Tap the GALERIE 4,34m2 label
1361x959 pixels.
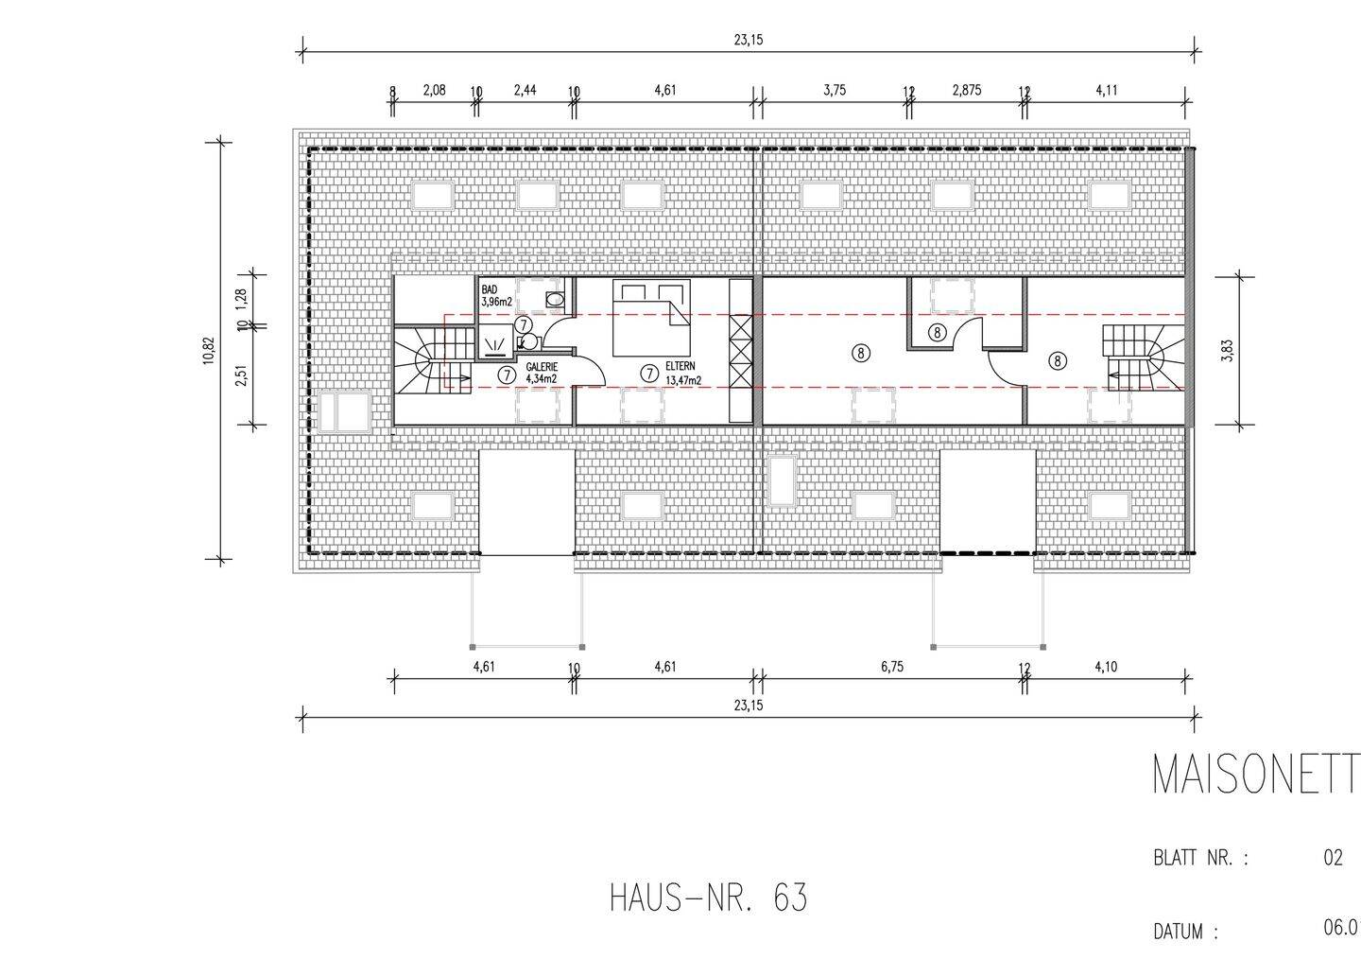point(542,373)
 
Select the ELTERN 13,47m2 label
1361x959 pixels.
point(682,373)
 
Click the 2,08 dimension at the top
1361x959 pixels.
point(434,90)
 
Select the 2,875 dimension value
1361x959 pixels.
point(966,90)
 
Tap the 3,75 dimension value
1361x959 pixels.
point(834,90)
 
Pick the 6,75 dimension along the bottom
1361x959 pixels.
point(892,666)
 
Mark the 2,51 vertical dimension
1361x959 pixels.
point(242,376)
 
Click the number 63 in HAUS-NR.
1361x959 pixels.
point(790,898)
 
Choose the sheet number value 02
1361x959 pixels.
point(1333,859)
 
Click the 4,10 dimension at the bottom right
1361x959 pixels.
point(1106,666)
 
